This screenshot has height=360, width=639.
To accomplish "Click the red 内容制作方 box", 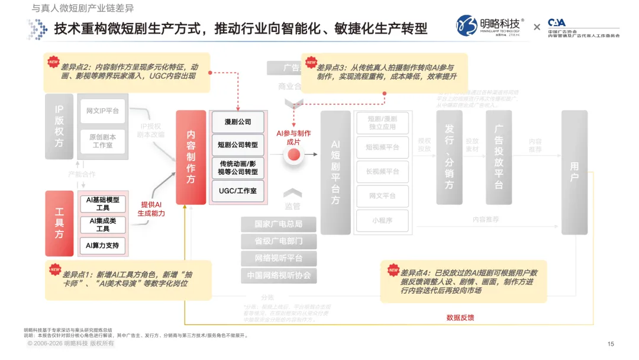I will [x=191, y=157].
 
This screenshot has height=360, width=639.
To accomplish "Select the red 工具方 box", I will [x=59, y=223].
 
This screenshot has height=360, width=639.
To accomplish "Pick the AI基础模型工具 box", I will [x=103, y=204].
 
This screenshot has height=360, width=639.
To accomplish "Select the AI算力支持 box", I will [x=103, y=245].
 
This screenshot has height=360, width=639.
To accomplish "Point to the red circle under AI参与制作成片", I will [x=293, y=155].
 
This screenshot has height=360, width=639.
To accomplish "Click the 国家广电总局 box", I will [x=278, y=224].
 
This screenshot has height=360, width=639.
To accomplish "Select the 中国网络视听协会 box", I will [x=278, y=275].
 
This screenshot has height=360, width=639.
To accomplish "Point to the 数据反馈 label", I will [x=460, y=318].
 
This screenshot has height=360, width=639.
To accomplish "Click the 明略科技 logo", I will [x=490, y=26].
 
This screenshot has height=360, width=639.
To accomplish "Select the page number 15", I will [x=611, y=344].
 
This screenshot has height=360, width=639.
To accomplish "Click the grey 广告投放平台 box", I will [x=498, y=157].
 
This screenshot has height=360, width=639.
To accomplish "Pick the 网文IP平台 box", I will [x=103, y=111].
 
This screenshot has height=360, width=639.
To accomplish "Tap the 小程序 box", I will [x=382, y=220].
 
